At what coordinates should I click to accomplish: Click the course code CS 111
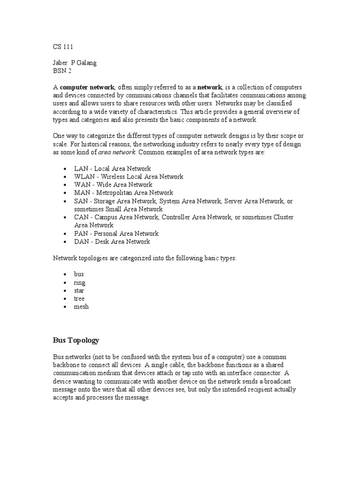62,47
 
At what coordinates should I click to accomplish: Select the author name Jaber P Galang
74,63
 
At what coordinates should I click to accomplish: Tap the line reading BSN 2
61,71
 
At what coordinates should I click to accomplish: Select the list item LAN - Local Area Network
112,168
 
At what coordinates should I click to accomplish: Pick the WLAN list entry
128,176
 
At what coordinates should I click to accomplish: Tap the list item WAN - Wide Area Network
113,185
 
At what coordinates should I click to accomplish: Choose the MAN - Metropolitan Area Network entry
123,193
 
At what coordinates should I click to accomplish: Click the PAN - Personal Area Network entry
116,233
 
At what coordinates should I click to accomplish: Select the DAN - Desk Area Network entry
112,241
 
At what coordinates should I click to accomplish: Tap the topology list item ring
80,283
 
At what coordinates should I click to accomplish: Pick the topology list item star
79,291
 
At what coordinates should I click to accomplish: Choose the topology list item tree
79,299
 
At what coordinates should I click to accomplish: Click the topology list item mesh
81,307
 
